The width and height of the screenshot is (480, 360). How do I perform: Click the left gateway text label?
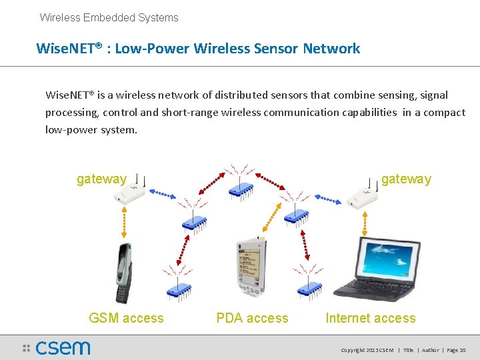tap(101, 179)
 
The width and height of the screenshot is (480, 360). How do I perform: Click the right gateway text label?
tap(406, 179)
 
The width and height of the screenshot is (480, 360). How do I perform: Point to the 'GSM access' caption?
tap(126, 319)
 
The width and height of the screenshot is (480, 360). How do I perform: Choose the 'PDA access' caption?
tap(252, 319)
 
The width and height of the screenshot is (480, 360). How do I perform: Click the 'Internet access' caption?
tap(370, 319)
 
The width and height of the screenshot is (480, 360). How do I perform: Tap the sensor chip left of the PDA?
tap(179, 289)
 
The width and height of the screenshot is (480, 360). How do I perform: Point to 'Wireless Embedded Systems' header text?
tap(109, 18)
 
